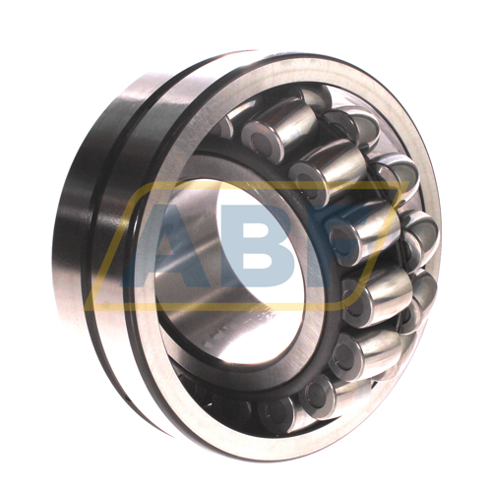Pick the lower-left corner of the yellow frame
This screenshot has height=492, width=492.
point(87,308)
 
